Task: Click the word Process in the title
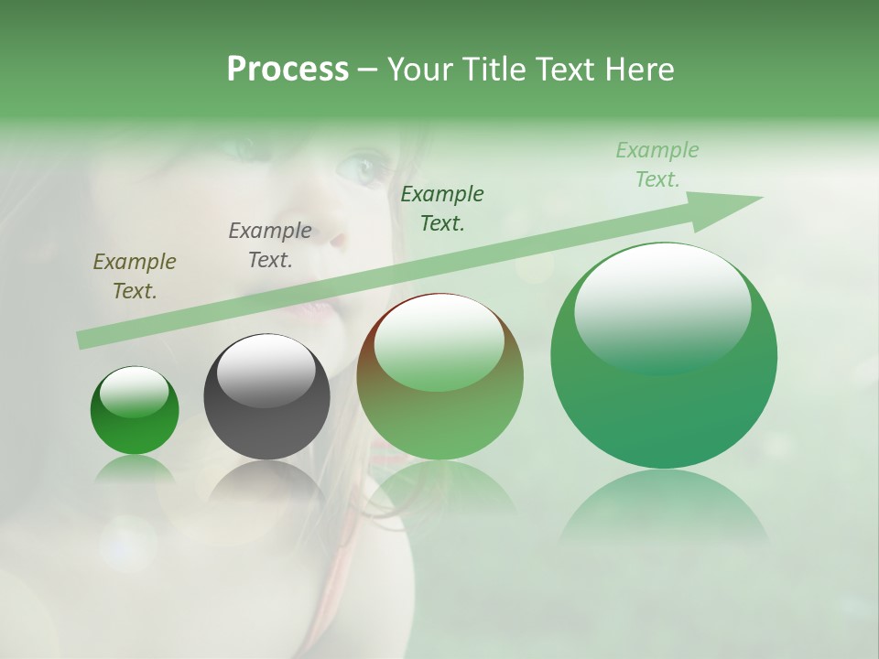click(x=288, y=70)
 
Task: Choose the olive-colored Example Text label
click(x=135, y=276)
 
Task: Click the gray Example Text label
click(x=270, y=245)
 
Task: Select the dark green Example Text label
click(x=442, y=208)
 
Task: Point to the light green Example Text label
click(x=657, y=165)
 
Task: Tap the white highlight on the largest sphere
click(x=662, y=307)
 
